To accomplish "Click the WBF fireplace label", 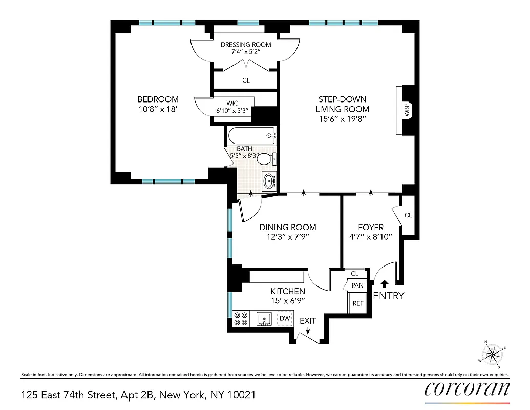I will tap(408, 110).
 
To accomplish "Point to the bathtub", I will tap(251, 136).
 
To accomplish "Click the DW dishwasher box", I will tap(285, 319).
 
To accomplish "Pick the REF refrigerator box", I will tap(357, 303).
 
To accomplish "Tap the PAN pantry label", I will tap(357, 285).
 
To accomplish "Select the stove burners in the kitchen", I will tap(241, 319).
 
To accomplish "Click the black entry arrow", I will tap(385, 282).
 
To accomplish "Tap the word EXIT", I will tap(308, 321).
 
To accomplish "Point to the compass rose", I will tap(493, 354).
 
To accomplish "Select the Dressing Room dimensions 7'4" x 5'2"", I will tap(246, 52).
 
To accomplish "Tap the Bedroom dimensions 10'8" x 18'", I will tap(158, 109).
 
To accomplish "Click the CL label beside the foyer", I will tap(408, 215).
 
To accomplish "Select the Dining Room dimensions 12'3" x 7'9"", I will tap(287, 237).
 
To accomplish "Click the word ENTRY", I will tap(388, 296).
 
